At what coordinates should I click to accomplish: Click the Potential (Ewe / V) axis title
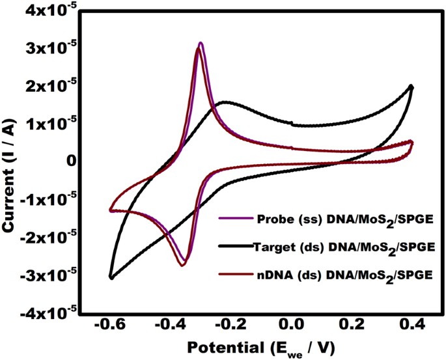coord(258,349)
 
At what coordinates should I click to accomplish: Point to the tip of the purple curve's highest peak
coord(201,43)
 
